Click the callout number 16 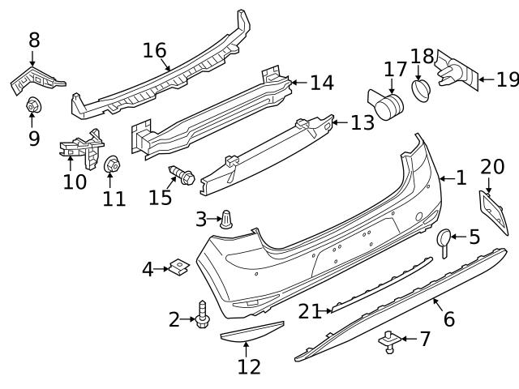[154, 50]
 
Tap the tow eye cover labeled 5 [445, 238]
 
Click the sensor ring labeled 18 [420, 88]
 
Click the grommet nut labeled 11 [112, 165]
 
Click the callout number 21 [310, 310]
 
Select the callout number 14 [321, 82]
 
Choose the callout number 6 [448, 318]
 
